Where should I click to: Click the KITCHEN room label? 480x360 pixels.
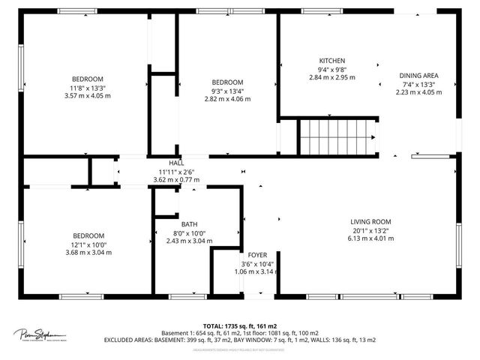click(x=331, y=61)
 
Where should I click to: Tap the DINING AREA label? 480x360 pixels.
click(x=418, y=76)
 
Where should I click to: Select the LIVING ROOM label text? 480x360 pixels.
click(x=371, y=221)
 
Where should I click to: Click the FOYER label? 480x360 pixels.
click(x=258, y=255)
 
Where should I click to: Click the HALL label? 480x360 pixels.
click(x=176, y=163)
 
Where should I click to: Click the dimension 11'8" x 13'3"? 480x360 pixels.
click(x=88, y=88)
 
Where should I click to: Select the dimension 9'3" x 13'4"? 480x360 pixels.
click(x=226, y=91)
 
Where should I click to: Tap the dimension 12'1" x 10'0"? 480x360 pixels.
click(x=88, y=244)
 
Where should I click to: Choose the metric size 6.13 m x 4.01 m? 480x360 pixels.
click(x=371, y=238)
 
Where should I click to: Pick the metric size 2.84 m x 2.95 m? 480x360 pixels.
click(x=331, y=77)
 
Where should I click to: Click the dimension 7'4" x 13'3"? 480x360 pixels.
click(x=418, y=84)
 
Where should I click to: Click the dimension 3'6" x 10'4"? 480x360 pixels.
click(x=258, y=264)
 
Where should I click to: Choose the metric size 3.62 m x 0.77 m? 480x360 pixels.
click(x=176, y=180)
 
